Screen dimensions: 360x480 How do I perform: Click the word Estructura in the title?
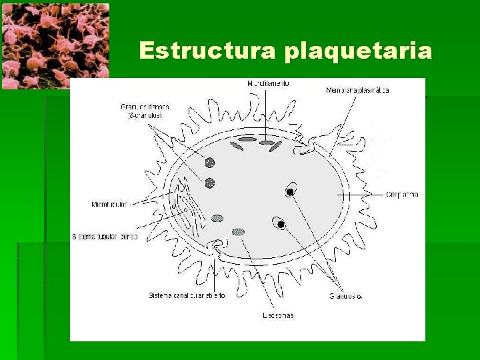click(208, 51)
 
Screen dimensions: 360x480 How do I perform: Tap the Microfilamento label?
click(268, 85)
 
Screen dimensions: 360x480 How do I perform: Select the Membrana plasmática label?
click(357, 90)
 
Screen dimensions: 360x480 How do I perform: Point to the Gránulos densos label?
click(145, 107)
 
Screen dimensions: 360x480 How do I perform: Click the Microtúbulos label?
click(109, 204)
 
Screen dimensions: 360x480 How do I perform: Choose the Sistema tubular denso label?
click(105, 237)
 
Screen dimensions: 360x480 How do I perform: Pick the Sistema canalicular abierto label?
click(187, 295)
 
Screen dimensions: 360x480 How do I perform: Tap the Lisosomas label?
click(277, 315)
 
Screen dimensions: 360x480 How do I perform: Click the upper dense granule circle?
click(210, 162)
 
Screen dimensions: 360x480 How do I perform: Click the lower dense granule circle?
click(210, 183)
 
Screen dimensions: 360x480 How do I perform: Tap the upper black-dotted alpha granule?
click(291, 191)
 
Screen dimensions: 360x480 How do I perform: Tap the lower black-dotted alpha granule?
click(281, 224)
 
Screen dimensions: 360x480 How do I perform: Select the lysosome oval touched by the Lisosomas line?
click(239, 232)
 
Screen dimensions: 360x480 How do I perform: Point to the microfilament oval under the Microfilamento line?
click(267, 143)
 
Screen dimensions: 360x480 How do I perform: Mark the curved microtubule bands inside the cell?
click(184, 203)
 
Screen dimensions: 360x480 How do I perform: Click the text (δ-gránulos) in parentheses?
click(146, 115)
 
